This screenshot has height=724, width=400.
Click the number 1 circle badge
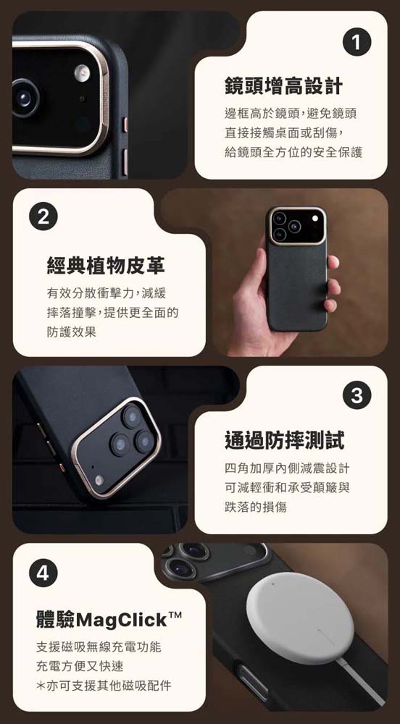(357, 43)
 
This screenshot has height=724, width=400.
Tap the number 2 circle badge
(43, 217)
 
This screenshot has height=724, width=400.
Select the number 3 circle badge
(357, 396)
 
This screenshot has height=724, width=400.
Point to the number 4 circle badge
(43, 573)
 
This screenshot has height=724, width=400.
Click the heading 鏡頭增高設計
(284, 86)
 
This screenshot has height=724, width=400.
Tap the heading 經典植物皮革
(107, 266)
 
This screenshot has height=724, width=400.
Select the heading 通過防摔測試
(284, 440)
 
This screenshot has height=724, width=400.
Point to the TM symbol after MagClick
(175, 615)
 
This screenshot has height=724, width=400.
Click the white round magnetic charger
(300, 618)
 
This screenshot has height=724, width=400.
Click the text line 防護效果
(72, 332)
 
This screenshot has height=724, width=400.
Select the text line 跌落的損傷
(256, 507)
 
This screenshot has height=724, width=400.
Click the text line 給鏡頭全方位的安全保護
(293, 152)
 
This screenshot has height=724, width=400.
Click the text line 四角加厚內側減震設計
(287, 468)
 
